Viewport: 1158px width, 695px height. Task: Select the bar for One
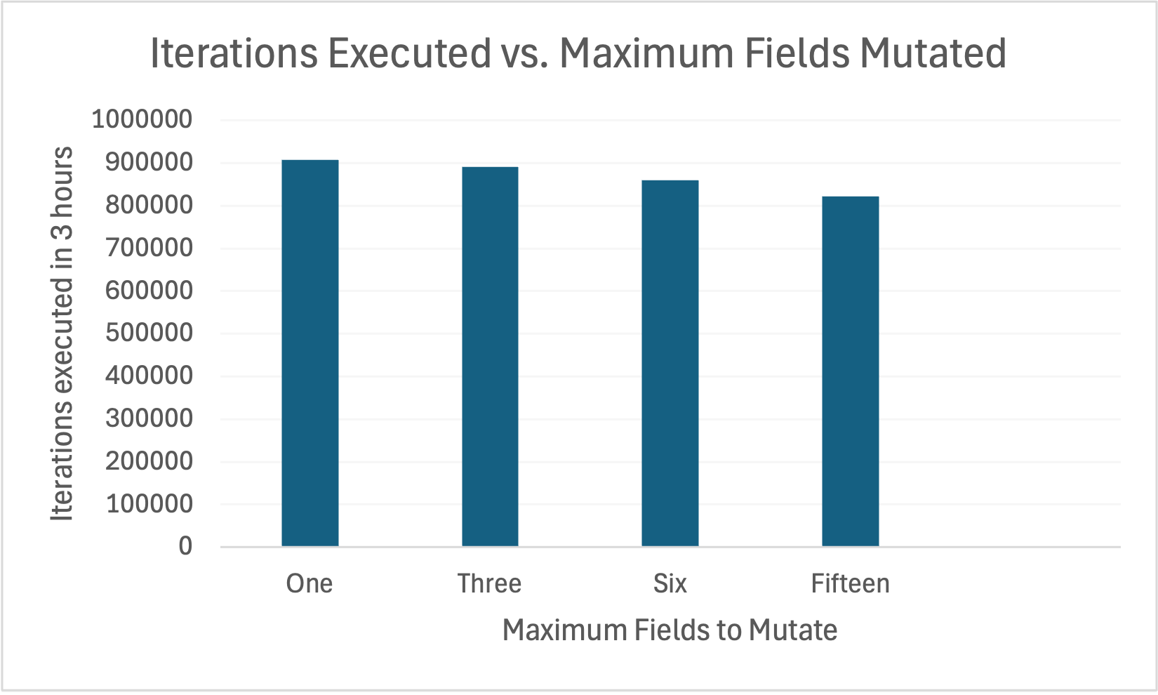(310, 353)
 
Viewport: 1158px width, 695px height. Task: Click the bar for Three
(490, 357)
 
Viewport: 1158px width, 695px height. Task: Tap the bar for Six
(670, 363)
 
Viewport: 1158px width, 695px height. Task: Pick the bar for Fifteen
(850, 371)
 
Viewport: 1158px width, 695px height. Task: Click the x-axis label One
(310, 583)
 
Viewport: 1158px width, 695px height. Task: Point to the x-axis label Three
(490, 583)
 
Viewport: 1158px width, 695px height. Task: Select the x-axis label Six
(670, 583)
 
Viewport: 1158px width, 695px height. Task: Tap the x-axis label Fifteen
(850, 583)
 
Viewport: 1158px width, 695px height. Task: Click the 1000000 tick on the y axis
(142, 119)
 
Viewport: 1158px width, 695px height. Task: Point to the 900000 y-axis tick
(149, 162)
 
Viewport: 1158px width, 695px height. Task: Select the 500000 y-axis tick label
(149, 333)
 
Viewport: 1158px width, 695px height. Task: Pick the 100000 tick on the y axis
(149, 503)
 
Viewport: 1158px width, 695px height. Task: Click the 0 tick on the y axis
(185, 546)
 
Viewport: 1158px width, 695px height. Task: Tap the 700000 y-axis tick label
(149, 247)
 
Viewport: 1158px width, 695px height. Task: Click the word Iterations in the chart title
(234, 53)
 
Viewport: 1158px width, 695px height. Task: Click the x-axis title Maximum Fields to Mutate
(670, 630)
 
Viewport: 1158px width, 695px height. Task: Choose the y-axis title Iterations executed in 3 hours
(62, 333)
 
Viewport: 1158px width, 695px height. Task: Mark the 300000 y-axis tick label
(149, 418)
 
